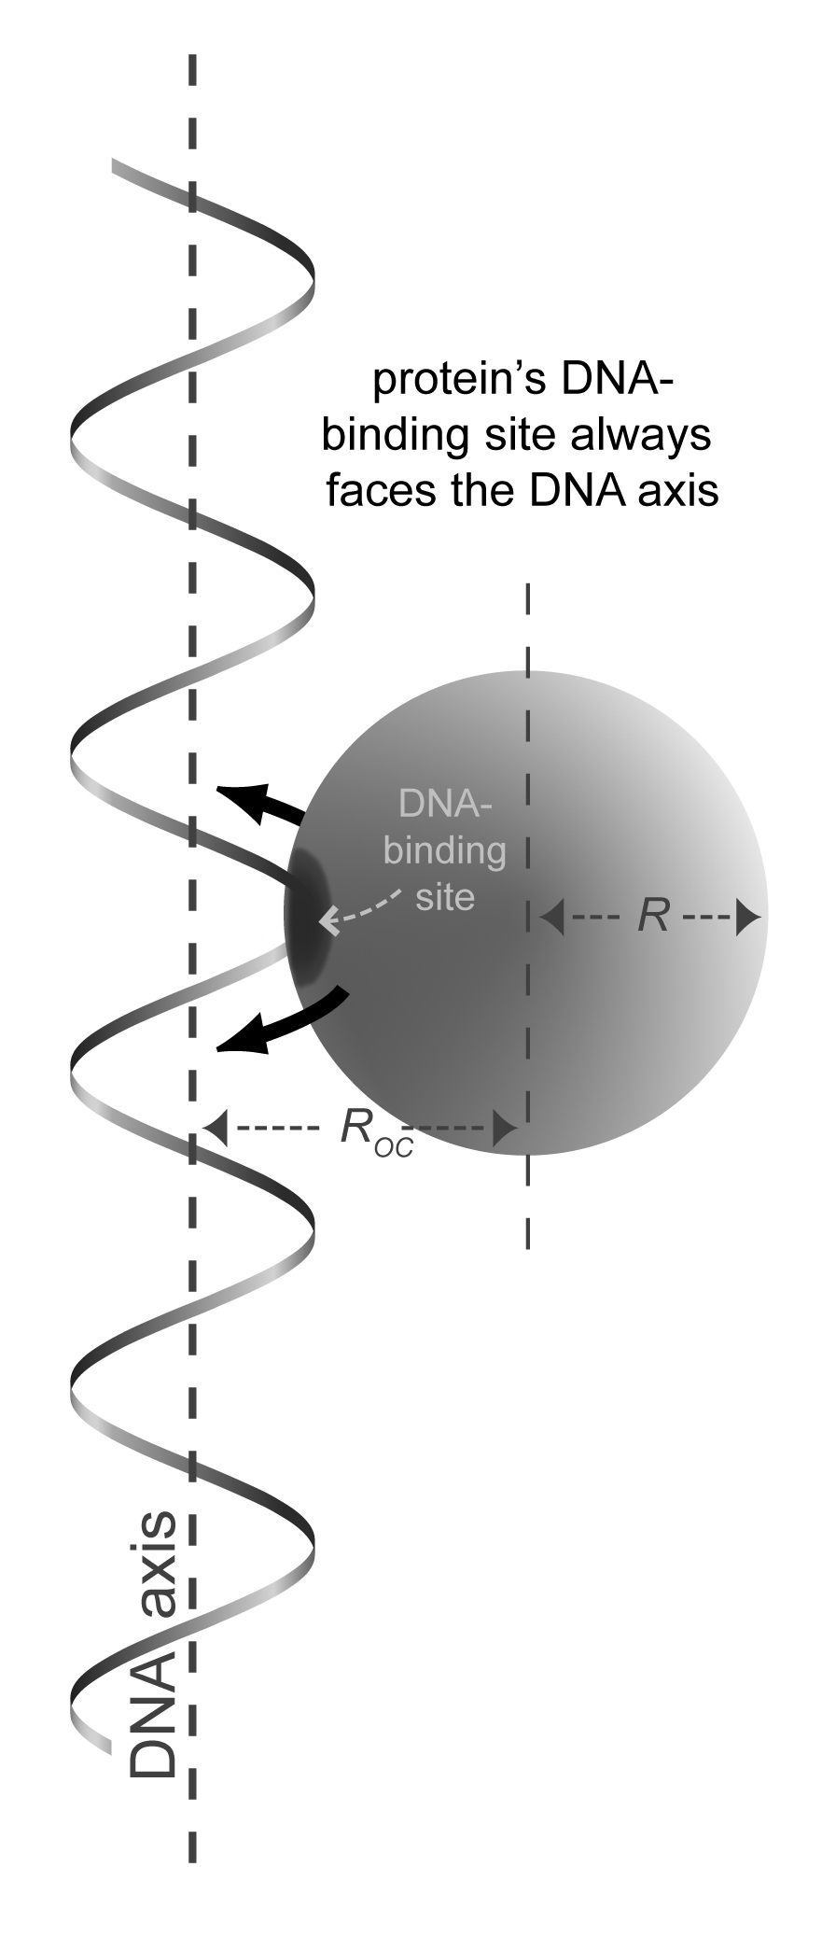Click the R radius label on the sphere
click(x=654, y=916)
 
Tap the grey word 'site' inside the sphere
click(x=445, y=896)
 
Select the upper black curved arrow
click(x=261, y=805)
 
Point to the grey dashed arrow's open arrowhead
click(x=327, y=922)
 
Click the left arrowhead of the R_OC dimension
click(x=216, y=1128)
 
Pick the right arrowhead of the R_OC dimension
click(x=505, y=1128)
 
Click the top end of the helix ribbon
click(x=113, y=166)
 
